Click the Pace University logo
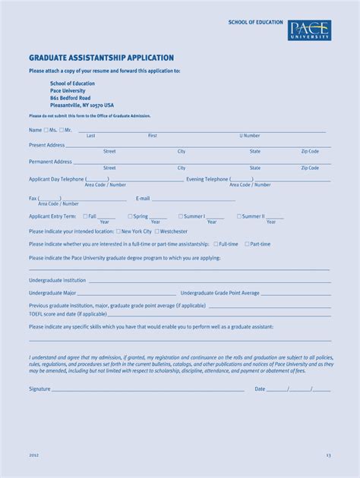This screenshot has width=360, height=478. click(309, 30)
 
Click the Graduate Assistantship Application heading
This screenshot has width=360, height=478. click(101, 58)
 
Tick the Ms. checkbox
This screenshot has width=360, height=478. click(46, 130)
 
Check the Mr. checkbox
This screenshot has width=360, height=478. click(62, 130)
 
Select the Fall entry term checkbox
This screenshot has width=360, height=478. click(85, 216)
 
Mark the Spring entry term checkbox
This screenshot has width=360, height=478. click(130, 216)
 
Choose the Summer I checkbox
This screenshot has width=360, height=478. click(181, 216)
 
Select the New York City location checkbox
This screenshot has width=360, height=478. click(118, 231)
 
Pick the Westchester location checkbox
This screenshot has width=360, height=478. click(157, 231)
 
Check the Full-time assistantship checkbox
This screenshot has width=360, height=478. click(216, 244)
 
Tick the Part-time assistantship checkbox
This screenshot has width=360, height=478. click(247, 244)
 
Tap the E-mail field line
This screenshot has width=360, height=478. click(193, 200)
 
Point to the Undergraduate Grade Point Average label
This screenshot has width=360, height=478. click(220, 293)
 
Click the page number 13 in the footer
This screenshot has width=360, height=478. click(329, 455)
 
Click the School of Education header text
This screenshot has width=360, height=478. click(255, 23)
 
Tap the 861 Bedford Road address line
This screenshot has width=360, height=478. click(70, 98)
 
